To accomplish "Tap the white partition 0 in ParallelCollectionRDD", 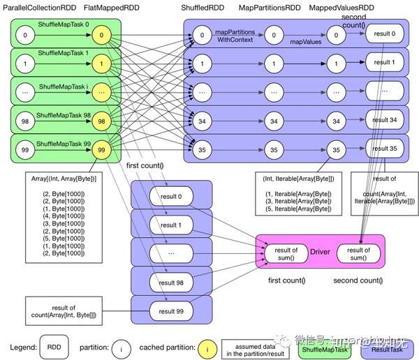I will point(26,33).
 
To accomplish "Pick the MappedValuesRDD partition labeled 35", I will point(337,150).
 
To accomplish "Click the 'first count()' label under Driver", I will point(288,280).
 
